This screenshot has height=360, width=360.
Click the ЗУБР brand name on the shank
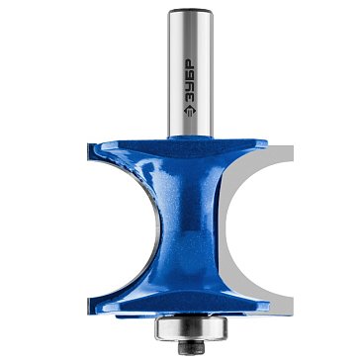click(190, 80)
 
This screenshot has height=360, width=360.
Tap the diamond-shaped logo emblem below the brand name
click(190, 111)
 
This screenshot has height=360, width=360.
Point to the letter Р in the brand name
click(190, 64)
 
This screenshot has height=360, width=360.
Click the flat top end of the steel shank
click(191, 11)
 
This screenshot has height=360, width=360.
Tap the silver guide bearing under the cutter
click(191, 327)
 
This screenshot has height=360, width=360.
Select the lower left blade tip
click(90, 305)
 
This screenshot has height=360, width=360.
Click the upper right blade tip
click(263, 143)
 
